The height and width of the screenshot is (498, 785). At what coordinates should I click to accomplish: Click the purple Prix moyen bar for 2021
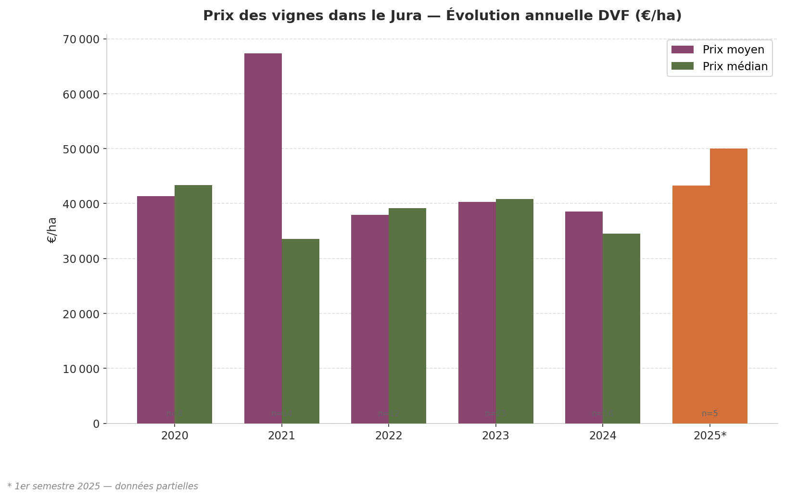click(263, 238)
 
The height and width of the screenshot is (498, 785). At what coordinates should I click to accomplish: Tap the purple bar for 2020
click(155, 310)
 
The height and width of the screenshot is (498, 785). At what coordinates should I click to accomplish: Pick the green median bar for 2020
click(193, 304)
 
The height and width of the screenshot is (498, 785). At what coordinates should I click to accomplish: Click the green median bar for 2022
click(407, 315)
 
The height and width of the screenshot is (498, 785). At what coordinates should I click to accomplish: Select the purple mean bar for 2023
click(477, 312)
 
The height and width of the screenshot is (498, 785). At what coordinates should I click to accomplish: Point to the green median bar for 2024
click(621, 328)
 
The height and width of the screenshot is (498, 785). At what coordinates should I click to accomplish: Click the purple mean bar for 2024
click(583, 317)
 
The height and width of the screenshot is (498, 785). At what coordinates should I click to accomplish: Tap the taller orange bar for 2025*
click(729, 286)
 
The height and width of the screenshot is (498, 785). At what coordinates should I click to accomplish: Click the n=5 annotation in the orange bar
click(709, 413)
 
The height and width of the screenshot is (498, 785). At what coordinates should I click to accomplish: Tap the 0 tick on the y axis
click(96, 424)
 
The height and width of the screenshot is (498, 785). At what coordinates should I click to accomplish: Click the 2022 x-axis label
click(389, 436)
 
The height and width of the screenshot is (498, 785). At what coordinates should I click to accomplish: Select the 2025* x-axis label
click(710, 436)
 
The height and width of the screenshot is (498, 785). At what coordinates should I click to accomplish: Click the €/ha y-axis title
click(52, 230)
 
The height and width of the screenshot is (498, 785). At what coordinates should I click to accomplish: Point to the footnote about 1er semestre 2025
click(102, 486)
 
